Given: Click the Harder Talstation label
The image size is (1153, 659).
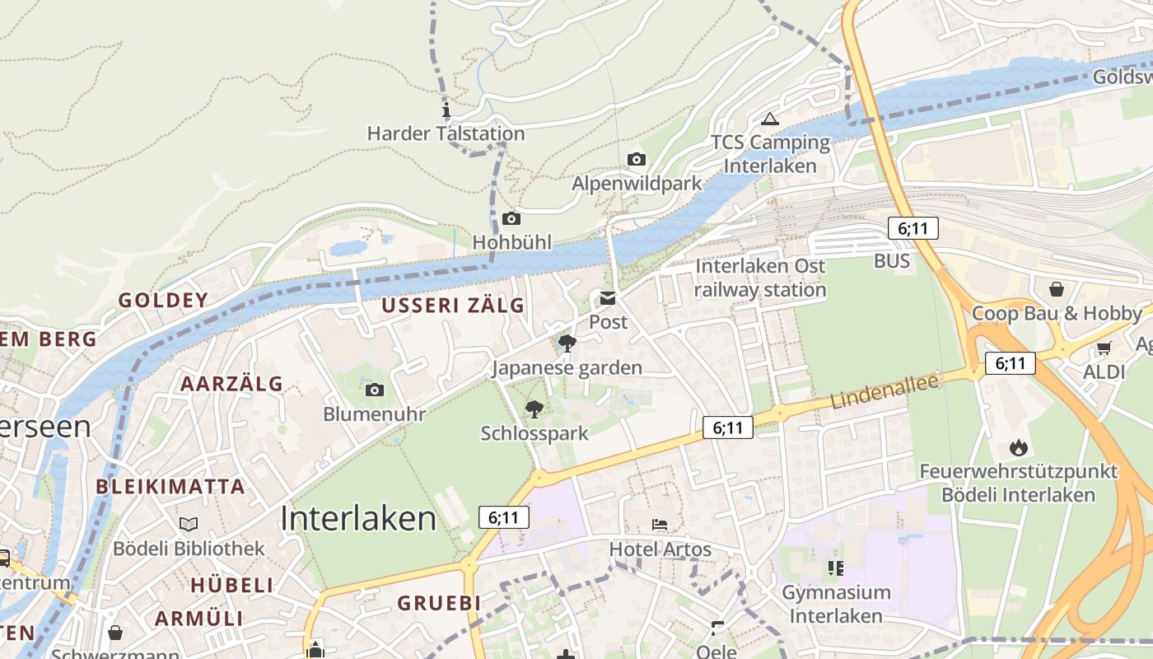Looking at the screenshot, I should coord(446,133).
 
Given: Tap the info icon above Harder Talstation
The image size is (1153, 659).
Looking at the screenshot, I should coord(446,110).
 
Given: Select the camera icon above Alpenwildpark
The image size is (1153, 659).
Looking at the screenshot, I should coord(636,159).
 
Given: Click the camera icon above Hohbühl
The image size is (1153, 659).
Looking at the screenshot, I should coord(511,218).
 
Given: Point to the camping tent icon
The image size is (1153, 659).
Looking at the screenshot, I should coord(770,119).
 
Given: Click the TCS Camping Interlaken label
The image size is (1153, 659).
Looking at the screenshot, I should coord(771,154).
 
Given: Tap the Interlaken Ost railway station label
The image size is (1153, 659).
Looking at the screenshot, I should coord(760,278).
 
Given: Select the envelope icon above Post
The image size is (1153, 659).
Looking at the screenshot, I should coord(608,298).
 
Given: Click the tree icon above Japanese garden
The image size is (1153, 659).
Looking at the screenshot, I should coord(567,343).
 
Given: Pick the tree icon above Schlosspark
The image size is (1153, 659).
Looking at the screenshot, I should coord(534,409).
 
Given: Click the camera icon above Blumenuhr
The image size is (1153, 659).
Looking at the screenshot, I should coord(375,390).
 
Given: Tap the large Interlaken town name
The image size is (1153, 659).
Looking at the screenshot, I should coord(358,518).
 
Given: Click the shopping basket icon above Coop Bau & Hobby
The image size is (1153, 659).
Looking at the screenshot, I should coord(1057,289).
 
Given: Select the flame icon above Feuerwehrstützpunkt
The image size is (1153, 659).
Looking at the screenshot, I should coord(1019,447).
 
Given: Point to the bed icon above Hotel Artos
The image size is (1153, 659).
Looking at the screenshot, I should coord(660,524).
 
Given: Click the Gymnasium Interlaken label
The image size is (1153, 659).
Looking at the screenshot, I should coord(836,604).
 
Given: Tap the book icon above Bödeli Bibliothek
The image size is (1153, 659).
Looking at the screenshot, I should coord(189,524).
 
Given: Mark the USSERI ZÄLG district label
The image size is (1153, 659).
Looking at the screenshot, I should coord(453,306).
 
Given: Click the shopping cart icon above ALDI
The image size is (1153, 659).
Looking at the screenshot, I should coord(1104,348).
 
